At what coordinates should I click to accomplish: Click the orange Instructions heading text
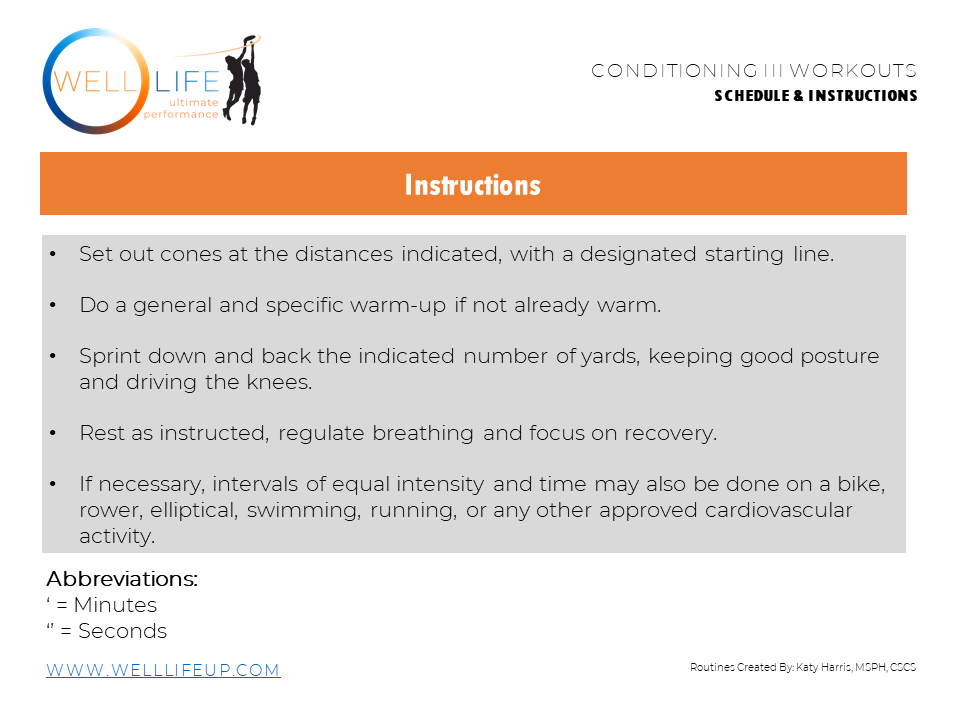click(472, 185)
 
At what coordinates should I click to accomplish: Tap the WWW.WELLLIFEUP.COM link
click(163, 670)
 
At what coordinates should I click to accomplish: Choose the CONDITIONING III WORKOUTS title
click(754, 71)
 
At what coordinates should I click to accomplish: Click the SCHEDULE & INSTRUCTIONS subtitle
click(815, 96)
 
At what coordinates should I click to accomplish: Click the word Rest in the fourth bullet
click(100, 433)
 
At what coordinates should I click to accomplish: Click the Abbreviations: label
click(122, 579)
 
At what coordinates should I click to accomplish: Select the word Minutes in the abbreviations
click(115, 605)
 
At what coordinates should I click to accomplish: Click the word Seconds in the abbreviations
click(122, 631)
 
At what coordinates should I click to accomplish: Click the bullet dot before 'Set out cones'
click(52, 254)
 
